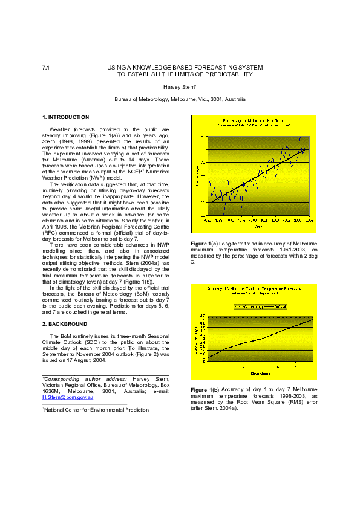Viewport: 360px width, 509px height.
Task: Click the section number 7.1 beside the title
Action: pos(45,68)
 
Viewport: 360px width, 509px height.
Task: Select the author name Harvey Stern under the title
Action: pos(180,87)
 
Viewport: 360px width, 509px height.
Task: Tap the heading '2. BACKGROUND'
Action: pos(64,323)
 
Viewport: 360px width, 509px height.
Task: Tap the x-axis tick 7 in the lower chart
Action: pos(313,367)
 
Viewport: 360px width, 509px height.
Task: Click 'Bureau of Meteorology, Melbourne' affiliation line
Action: pos(180,99)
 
